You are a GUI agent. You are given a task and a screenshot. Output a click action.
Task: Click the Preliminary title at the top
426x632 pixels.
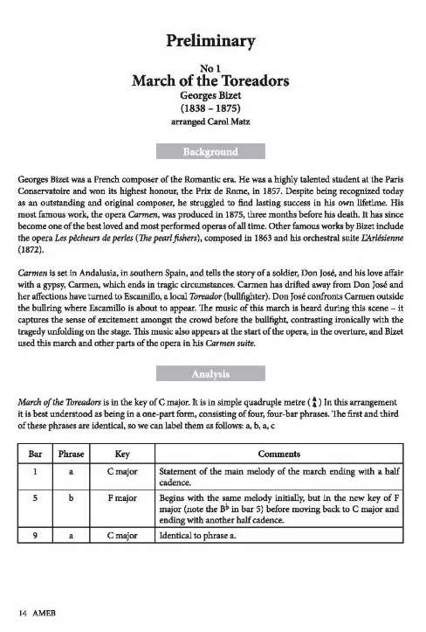click(x=213, y=40)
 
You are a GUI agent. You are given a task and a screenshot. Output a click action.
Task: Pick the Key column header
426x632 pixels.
click(x=122, y=455)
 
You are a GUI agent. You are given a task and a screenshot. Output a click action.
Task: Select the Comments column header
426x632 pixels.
click(x=279, y=455)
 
